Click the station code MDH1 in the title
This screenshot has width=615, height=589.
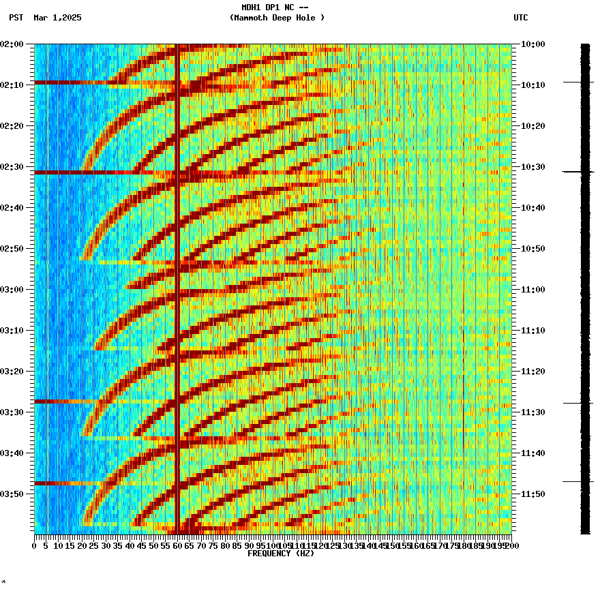(x=252, y=7)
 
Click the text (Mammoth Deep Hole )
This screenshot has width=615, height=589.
(x=277, y=18)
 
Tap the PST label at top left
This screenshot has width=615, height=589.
(x=16, y=18)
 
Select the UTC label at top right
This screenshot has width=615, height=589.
(x=520, y=18)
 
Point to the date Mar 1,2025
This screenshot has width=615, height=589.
(x=57, y=18)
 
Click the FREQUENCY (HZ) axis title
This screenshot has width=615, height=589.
(x=280, y=554)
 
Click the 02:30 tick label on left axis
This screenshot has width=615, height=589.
(x=12, y=167)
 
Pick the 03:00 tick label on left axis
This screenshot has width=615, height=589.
(x=12, y=290)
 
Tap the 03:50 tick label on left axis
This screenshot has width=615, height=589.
(x=12, y=494)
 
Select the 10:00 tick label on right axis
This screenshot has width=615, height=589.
(x=532, y=44)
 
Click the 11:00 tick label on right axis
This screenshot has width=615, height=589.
(x=532, y=290)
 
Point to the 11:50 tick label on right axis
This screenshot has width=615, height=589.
(x=532, y=494)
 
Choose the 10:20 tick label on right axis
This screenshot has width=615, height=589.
(x=532, y=126)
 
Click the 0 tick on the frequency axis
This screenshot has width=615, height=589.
(x=35, y=546)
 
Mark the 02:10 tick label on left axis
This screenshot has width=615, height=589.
(x=12, y=85)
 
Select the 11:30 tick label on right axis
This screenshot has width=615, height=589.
(x=532, y=412)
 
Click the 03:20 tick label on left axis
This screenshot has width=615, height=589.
(x=12, y=372)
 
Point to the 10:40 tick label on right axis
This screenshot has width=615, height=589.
(x=532, y=208)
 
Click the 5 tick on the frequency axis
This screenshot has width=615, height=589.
(x=46, y=546)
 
